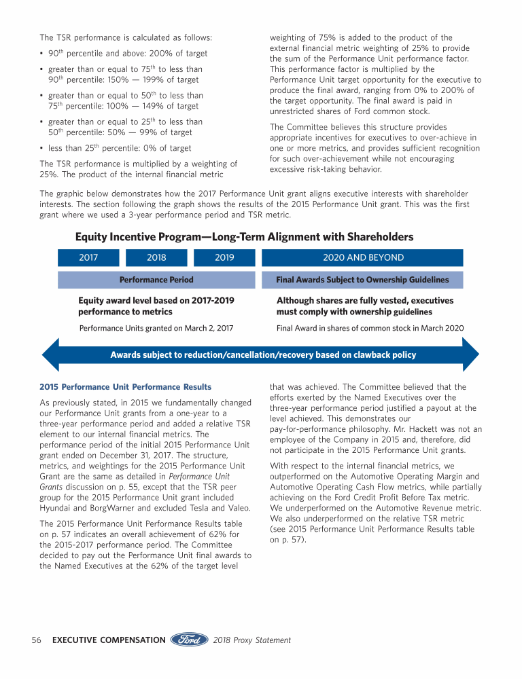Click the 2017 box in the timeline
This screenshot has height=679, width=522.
tap(88, 258)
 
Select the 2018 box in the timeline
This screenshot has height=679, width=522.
tap(156, 258)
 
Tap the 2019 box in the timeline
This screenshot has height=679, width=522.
tap(224, 258)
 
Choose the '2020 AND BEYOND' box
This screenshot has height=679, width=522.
tap(362, 258)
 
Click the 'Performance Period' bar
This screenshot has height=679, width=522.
tap(156, 280)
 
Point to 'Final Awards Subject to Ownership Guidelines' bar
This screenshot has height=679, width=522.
tap(362, 280)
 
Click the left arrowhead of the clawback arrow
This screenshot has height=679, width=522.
tap(51, 354)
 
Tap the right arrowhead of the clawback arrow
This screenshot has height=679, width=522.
tap(470, 354)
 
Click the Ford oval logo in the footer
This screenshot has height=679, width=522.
tap(189, 640)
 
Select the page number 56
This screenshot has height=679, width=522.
tap(38, 640)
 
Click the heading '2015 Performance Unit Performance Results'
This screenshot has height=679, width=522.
tap(125, 387)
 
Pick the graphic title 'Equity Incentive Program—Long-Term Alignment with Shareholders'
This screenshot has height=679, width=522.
tap(244, 237)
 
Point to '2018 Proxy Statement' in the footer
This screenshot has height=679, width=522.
tap(251, 640)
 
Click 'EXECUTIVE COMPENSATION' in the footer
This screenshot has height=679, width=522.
tap(109, 640)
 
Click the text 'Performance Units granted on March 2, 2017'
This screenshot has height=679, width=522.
tap(156, 328)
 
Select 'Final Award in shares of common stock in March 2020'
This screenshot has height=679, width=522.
tap(370, 328)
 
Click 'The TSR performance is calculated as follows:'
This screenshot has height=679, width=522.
tap(126, 37)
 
